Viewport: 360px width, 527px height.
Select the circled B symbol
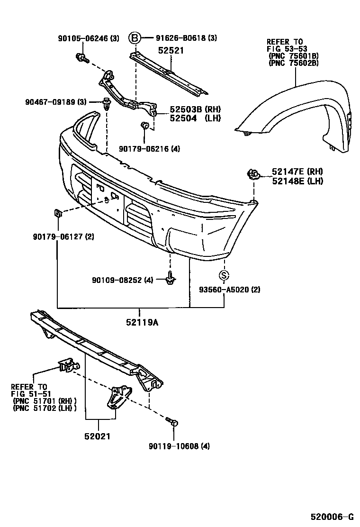(135, 38)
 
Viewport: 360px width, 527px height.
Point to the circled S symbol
(224, 276)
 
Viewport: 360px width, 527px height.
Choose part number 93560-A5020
(230, 289)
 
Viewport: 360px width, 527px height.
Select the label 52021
(99, 436)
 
